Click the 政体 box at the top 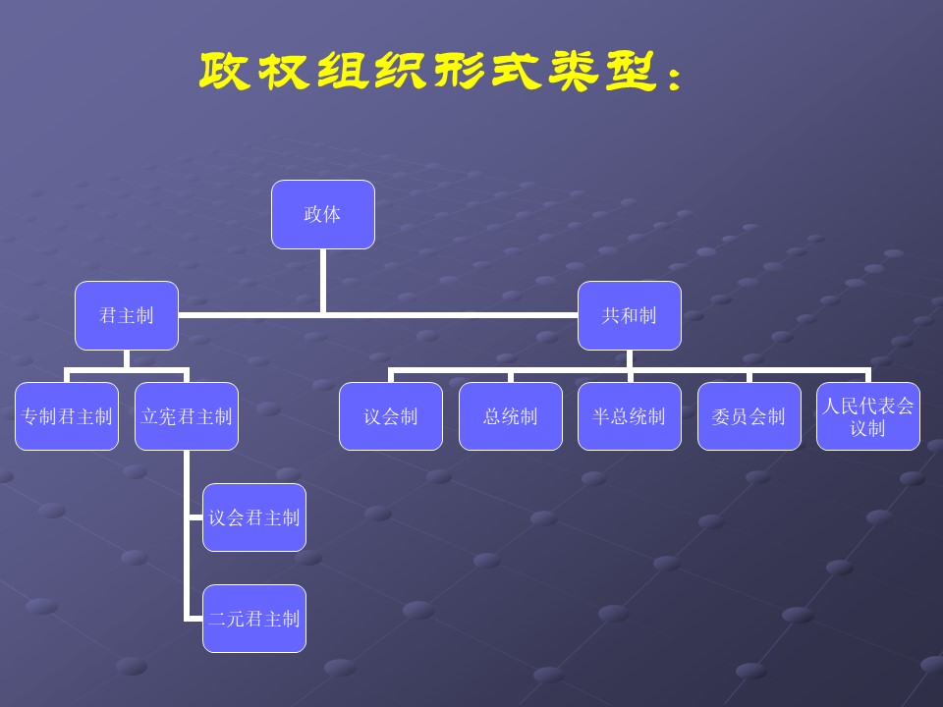point(322,214)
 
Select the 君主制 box point(126,315)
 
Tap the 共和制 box point(629,315)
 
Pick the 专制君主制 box point(67,416)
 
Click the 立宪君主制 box point(187,416)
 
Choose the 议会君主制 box point(254,517)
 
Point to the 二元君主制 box point(254,619)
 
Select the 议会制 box point(391,416)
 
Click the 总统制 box point(511,416)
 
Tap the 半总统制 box point(629,416)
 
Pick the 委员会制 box point(749,416)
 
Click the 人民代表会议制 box point(868,416)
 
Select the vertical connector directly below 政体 point(323,281)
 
